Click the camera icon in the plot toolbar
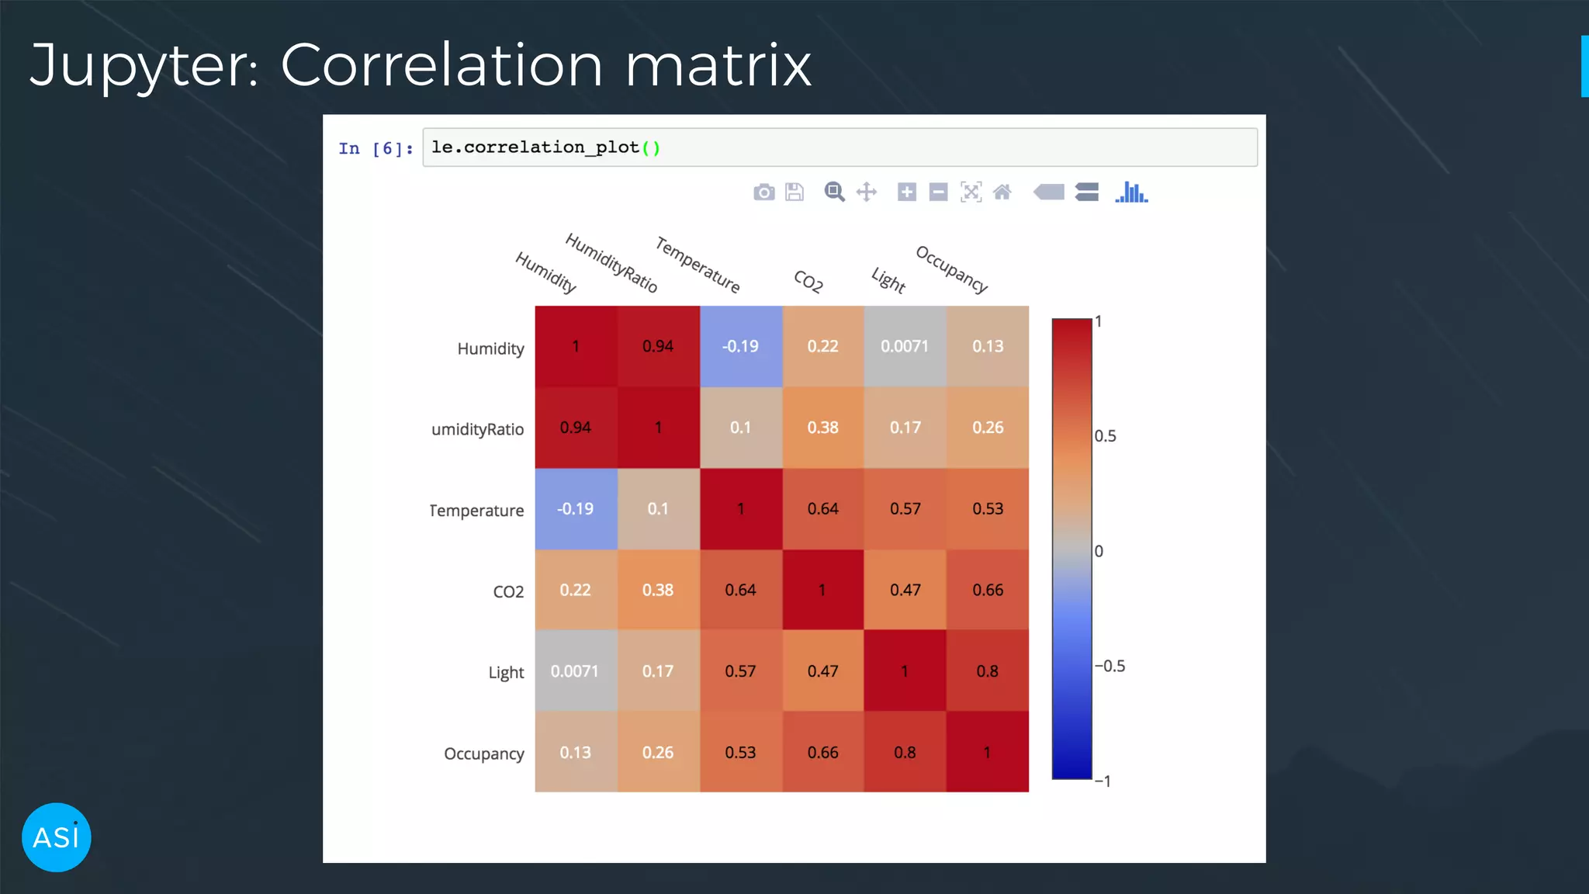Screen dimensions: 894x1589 (x=763, y=192)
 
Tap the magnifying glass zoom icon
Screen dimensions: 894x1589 (x=834, y=192)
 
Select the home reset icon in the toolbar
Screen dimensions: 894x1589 (x=1002, y=192)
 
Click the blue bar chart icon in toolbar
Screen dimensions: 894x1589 (x=1131, y=192)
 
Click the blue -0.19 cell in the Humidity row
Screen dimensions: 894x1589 (x=741, y=346)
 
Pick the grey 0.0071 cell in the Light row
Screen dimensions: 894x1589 (x=575, y=671)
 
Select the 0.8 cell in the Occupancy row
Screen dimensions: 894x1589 (x=905, y=752)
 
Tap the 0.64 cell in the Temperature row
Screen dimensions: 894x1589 (x=822, y=509)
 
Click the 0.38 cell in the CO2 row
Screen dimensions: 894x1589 (x=658, y=590)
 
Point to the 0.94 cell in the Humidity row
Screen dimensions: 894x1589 (x=658, y=346)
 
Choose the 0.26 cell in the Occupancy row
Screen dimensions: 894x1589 (x=658, y=752)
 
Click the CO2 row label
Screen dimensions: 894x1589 (x=508, y=592)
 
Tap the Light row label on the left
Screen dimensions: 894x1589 (x=506, y=673)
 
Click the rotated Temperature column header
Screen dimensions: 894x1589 (x=698, y=265)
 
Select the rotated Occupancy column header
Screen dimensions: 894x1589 (x=951, y=269)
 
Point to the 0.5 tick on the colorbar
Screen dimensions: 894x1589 (x=1105, y=436)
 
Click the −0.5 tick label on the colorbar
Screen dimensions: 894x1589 (x=1110, y=666)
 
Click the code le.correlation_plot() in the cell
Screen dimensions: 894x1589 (x=545, y=147)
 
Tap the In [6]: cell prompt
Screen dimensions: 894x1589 (x=376, y=148)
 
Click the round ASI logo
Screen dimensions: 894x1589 (x=57, y=837)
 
